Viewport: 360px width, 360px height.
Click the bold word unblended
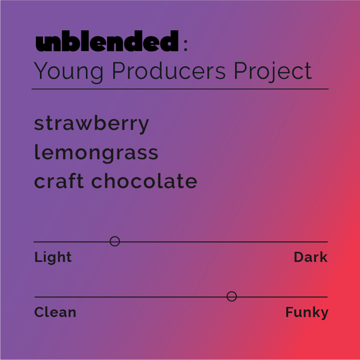pyautogui.click(x=107, y=42)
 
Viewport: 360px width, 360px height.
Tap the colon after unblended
pyautogui.click(x=186, y=45)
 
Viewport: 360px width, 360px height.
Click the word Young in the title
pyautogui.click(x=68, y=71)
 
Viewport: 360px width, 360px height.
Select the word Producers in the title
pyautogui.click(x=168, y=71)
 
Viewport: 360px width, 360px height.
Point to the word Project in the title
pyautogui.click(x=273, y=71)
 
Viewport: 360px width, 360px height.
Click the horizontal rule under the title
pyautogui.click(x=180, y=89)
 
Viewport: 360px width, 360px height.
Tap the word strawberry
pyautogui.click(x=92, y=123)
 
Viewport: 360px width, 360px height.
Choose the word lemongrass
pyautogui.click(x=96, y=153)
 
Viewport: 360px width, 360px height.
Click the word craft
pyautogui.click(x=59, y=182)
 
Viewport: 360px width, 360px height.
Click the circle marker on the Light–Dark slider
pyautogui.click(x=115, y=241)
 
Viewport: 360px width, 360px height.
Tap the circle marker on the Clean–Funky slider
pyautogui.click(x=232, y=296)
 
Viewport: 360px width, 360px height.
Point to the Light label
pyautogui.click(x=53, y=257)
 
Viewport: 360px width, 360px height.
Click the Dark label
pyautogui.click(x=310, y=257)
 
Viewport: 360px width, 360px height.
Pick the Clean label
pyautogui.click(x=55, y=312)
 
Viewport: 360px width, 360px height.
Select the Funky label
pyautogui.click(x=306, y=312)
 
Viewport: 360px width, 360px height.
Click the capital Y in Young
pyautogui.click(x=41, y=71)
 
